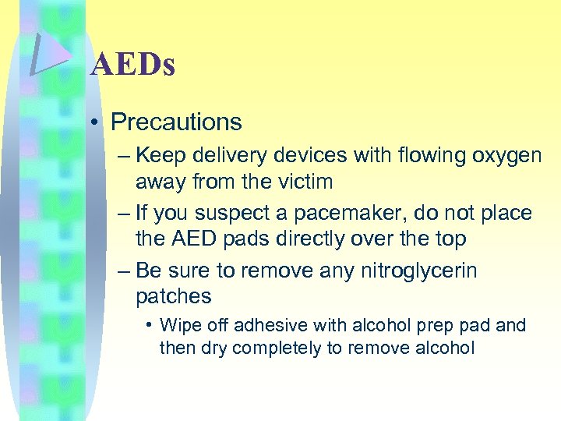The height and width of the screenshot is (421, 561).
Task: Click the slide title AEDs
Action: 132,65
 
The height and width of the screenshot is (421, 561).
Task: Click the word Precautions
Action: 176,122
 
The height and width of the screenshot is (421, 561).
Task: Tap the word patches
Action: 173,297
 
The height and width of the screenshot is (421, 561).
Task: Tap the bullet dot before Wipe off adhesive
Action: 148,325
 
